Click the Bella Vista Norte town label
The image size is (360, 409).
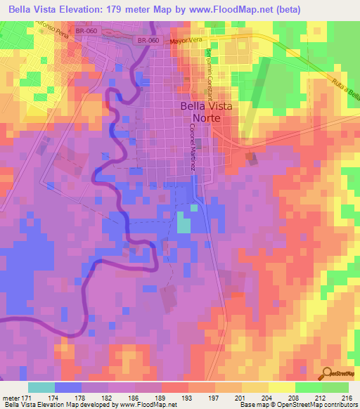200,112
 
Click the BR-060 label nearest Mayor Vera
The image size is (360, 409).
146,41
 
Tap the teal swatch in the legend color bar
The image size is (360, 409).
41,387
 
